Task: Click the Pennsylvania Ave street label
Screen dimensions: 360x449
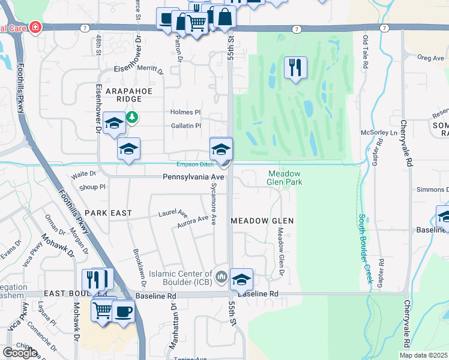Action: click(x=193, y=178)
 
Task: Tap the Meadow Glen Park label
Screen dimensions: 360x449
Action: click(x=284, y=178)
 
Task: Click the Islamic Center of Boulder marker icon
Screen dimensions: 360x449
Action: click(x=221, y=277)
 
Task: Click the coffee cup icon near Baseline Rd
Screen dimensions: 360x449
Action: click(x=124, y=311)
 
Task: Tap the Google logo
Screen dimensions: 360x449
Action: click(x=20, y=352)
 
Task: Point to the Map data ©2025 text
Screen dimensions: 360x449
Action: click(x=424, y=355)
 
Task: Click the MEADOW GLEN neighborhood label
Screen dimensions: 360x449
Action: click(x=263, y=221)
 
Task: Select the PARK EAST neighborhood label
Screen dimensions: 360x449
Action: click(x=107, y=213)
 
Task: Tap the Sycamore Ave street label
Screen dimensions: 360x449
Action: click(x=213, y=205)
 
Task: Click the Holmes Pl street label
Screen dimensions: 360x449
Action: click(x=185, y=112)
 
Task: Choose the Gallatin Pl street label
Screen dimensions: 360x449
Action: click(x=185, y=125)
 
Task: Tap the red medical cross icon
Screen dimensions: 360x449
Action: click(x=35, y=28)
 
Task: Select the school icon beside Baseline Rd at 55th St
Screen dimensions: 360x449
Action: click(x=241, y=279)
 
